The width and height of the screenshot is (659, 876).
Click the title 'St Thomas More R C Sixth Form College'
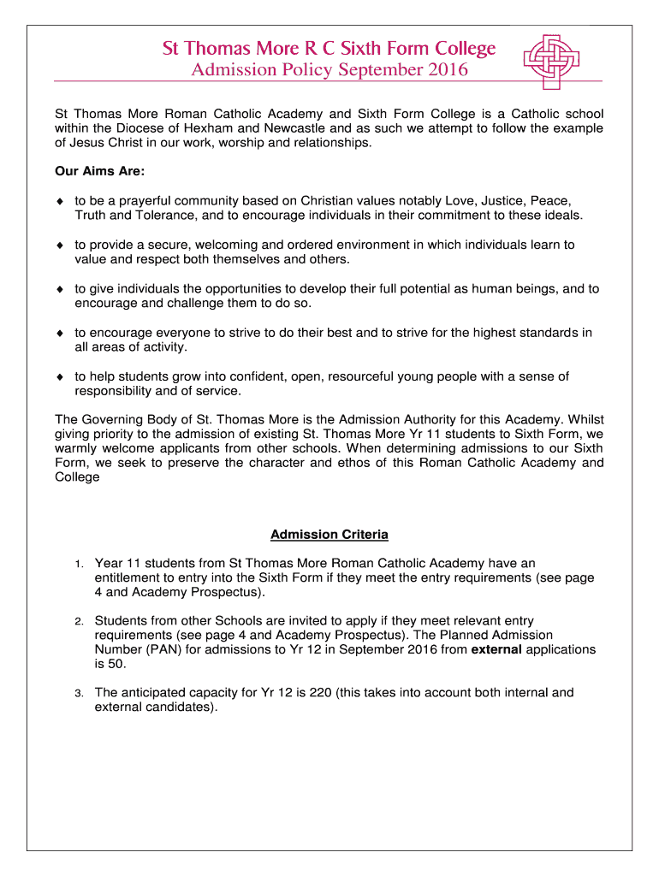click(x=329, y=48)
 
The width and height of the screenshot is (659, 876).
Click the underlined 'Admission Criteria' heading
click(x=329, y=535)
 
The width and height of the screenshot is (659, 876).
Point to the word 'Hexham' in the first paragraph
click(x=201, y=128)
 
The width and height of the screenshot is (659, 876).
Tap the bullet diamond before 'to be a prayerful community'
click(x=60, y=201)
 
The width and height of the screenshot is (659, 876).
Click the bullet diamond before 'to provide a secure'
click(x=60, y=245)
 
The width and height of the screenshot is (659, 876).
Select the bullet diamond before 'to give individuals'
click(x=60, y=289)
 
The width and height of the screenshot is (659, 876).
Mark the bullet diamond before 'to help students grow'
click(x=60, y=376)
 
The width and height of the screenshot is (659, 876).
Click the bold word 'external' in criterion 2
click(x=496, y=649)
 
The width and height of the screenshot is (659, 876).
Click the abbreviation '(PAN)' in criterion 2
click(x=163, y=649)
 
